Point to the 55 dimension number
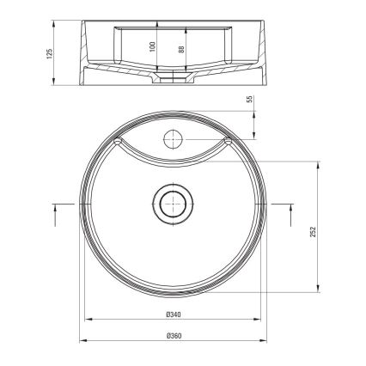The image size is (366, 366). (251, 101)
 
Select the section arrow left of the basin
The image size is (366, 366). (60, 204)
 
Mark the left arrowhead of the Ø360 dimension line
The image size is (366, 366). (83, 340)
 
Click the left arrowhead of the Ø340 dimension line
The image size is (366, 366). (88, 320)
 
